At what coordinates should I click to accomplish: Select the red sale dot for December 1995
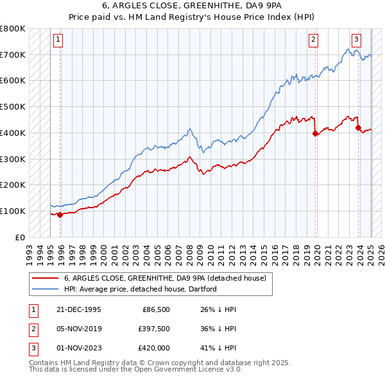(60, 215)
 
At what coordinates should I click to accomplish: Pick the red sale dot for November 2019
(315, 133)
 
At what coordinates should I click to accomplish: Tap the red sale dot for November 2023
(358, 127)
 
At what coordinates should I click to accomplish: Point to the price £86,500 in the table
(155, 309)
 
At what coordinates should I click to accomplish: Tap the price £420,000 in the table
(153, 348)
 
